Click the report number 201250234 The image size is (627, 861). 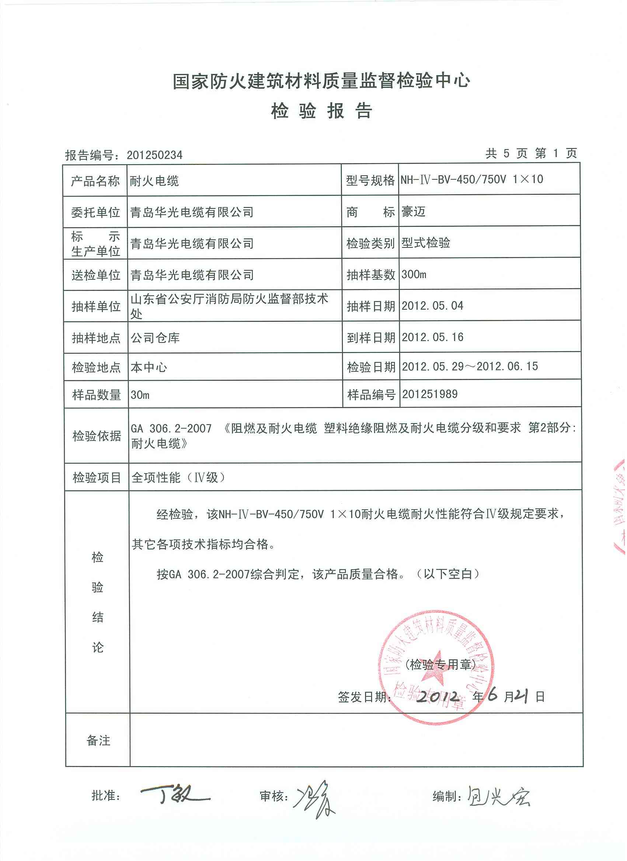154,155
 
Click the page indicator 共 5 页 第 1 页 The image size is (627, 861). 531,153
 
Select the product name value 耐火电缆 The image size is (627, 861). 154,181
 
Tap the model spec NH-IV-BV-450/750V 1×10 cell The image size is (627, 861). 472,179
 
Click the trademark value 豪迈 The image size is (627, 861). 414,211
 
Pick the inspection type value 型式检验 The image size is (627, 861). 426,243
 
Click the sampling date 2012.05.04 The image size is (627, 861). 432,306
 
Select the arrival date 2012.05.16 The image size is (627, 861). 432,337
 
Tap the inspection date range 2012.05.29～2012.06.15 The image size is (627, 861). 470,366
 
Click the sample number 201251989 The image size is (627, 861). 429,394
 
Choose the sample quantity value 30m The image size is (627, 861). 140,395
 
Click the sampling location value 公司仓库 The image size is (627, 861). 155,337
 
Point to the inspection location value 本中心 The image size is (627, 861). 149,367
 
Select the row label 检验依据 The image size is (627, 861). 97,436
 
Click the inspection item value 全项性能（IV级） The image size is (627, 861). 179,477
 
